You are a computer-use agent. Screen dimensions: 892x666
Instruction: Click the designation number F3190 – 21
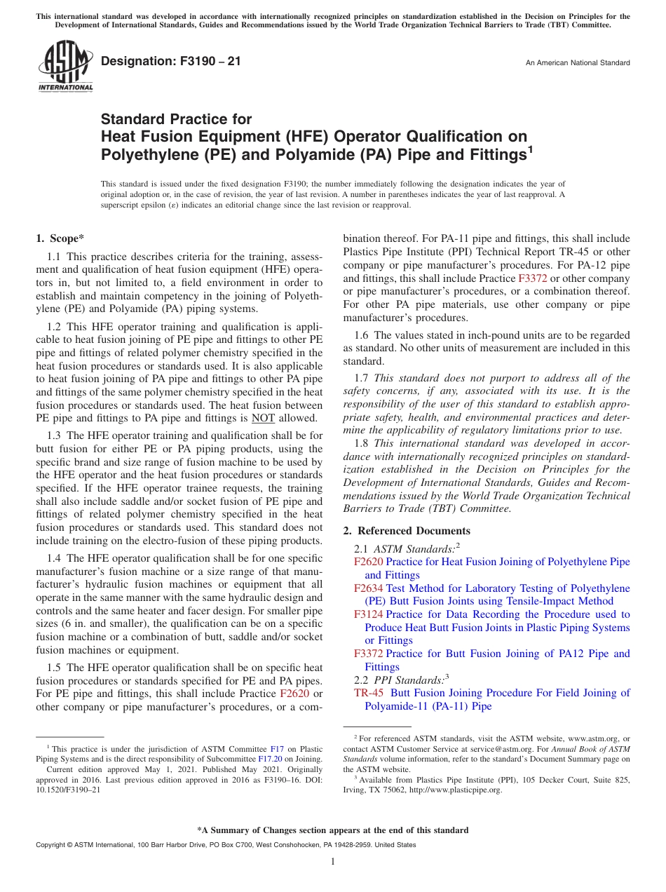click(170, 62)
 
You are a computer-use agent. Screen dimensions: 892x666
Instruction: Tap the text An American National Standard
click(577, 63)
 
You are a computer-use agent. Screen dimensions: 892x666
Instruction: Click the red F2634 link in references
click(368, 588)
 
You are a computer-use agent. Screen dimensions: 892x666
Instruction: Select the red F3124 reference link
click(368, 614)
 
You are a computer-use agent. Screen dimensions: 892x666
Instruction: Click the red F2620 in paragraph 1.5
click(294, 694)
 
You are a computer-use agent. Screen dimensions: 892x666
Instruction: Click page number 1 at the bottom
click(333, 861)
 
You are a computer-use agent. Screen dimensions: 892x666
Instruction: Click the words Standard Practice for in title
click(176, 119)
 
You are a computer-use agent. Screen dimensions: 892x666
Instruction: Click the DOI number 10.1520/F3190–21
click(67, 788)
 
